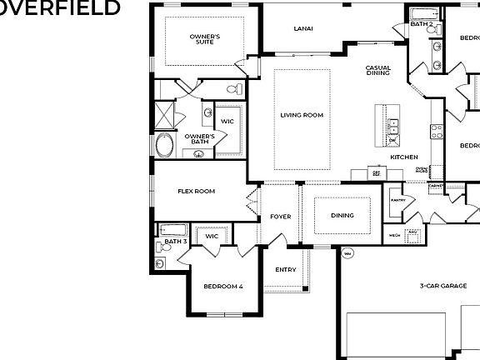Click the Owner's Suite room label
tap(204, 39)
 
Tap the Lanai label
tap(303, 29)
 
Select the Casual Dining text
tap(378, 70)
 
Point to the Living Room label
tap(302, 115)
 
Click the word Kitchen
tap(404, 157)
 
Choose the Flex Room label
tap(197, 191)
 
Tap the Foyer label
tap(281, 217)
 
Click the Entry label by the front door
tap(286, 269)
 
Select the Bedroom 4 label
tap(224, 286)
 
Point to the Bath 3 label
tap(175, 242)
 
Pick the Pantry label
tap(397, 200)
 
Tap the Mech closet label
tap(395, 236)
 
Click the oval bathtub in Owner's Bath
tap(165, 147)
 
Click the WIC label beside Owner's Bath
tap(227, 122)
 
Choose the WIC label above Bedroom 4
tap(212, 236)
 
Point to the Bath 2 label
tap(421, 24)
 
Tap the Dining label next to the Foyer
tap(342, 215)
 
